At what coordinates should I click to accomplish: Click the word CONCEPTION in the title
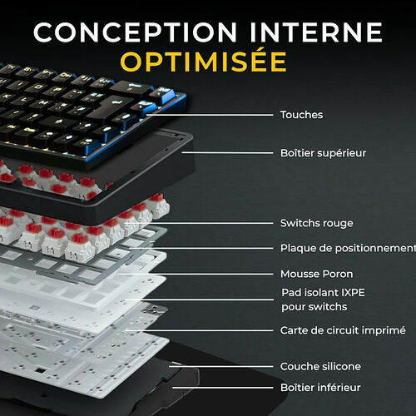point(121,32)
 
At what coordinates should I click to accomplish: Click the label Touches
point(301,115)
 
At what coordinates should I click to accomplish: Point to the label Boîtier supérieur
point(323,153)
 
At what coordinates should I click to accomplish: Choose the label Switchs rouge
point(316,223)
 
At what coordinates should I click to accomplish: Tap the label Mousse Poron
point(316,274)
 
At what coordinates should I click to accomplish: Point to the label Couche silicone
point(320,366)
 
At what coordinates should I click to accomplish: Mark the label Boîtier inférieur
point(320,388)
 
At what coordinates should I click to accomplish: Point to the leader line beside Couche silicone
point(225,366)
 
